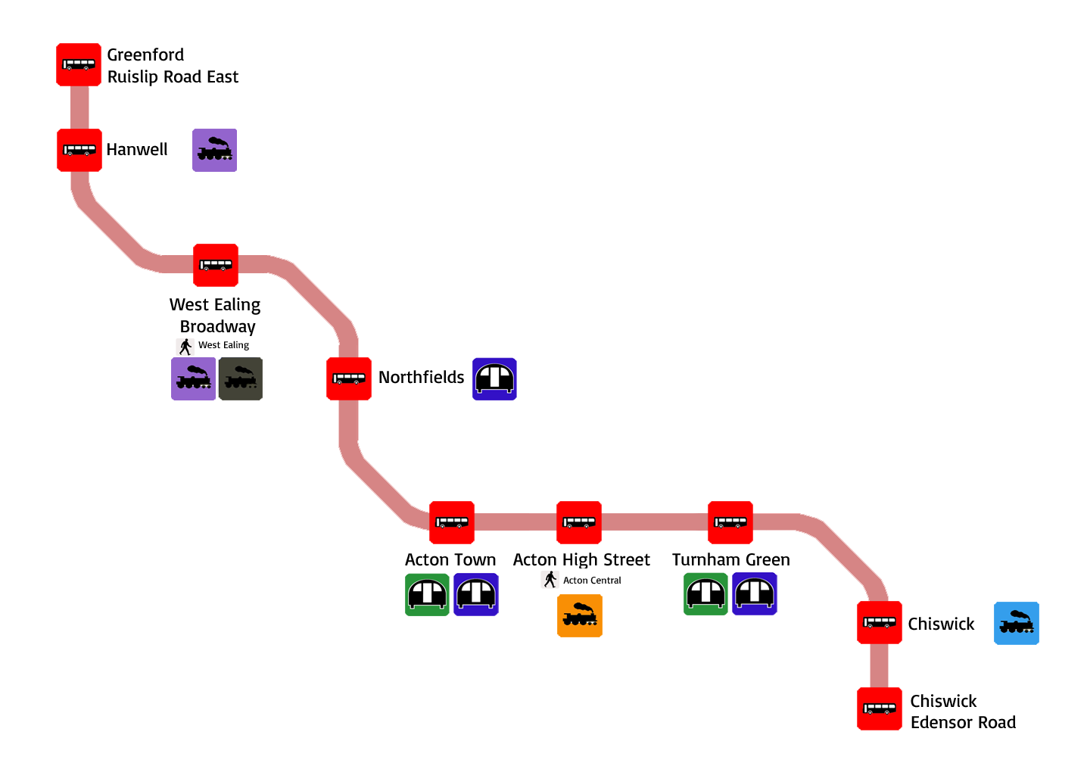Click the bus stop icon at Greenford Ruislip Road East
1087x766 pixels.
tap(79, 64)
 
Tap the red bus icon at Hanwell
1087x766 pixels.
tap(79, 150)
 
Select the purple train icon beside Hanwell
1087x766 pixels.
tap(214, 150)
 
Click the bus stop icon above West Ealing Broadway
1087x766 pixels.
tap(216, 265)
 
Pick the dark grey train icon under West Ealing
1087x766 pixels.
tap(241, 378)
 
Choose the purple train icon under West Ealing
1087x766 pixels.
tap(193, 378)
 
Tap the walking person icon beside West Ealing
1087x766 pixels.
tap(185, 347)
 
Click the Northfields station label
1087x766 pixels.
tap(421, 377)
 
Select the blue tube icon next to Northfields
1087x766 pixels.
tap(494, 378)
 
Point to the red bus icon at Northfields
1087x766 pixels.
tap(349, 378)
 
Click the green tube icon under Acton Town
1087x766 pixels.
tap(427, 594)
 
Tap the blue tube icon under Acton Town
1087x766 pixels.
tap(476, 594)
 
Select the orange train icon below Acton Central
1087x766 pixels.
tap(580, 615)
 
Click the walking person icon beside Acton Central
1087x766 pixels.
tap(550, 580)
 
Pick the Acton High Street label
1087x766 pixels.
tap(581, 559)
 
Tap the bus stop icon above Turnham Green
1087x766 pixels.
tap(730, 522)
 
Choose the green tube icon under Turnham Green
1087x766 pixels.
tap(705, 593)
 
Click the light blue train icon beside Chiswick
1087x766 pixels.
tap(1016, 623)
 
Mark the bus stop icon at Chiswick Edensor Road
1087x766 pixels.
tap(880, 708)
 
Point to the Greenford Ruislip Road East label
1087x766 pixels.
tap(173, 66)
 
